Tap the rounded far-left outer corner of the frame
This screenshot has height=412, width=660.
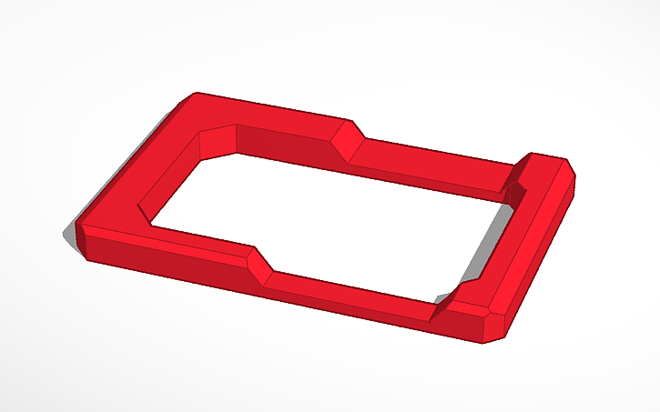coord(193,96)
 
